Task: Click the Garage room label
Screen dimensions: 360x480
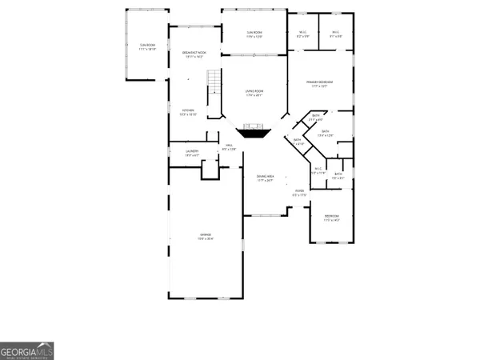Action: point(206,234)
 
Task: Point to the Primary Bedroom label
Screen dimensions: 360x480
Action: point(320,82)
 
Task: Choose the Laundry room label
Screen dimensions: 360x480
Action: point(192,150)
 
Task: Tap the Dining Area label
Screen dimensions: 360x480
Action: point(266,176)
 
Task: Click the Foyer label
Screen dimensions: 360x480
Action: point(299,190)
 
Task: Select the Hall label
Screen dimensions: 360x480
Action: point(229,145)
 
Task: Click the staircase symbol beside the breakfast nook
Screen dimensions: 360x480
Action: point(213,81)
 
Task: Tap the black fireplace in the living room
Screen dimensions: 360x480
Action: point(256,131)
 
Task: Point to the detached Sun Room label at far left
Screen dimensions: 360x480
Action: point(147,46)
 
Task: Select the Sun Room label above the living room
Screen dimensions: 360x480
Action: point(254,32)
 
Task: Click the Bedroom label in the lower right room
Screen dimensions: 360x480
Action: point(331,215)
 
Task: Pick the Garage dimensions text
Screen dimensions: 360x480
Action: point(206,238)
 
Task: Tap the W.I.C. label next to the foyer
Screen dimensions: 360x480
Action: point(318,168)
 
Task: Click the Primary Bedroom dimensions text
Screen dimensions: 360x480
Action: point(320,86)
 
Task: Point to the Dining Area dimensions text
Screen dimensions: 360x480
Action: point(266,181)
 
